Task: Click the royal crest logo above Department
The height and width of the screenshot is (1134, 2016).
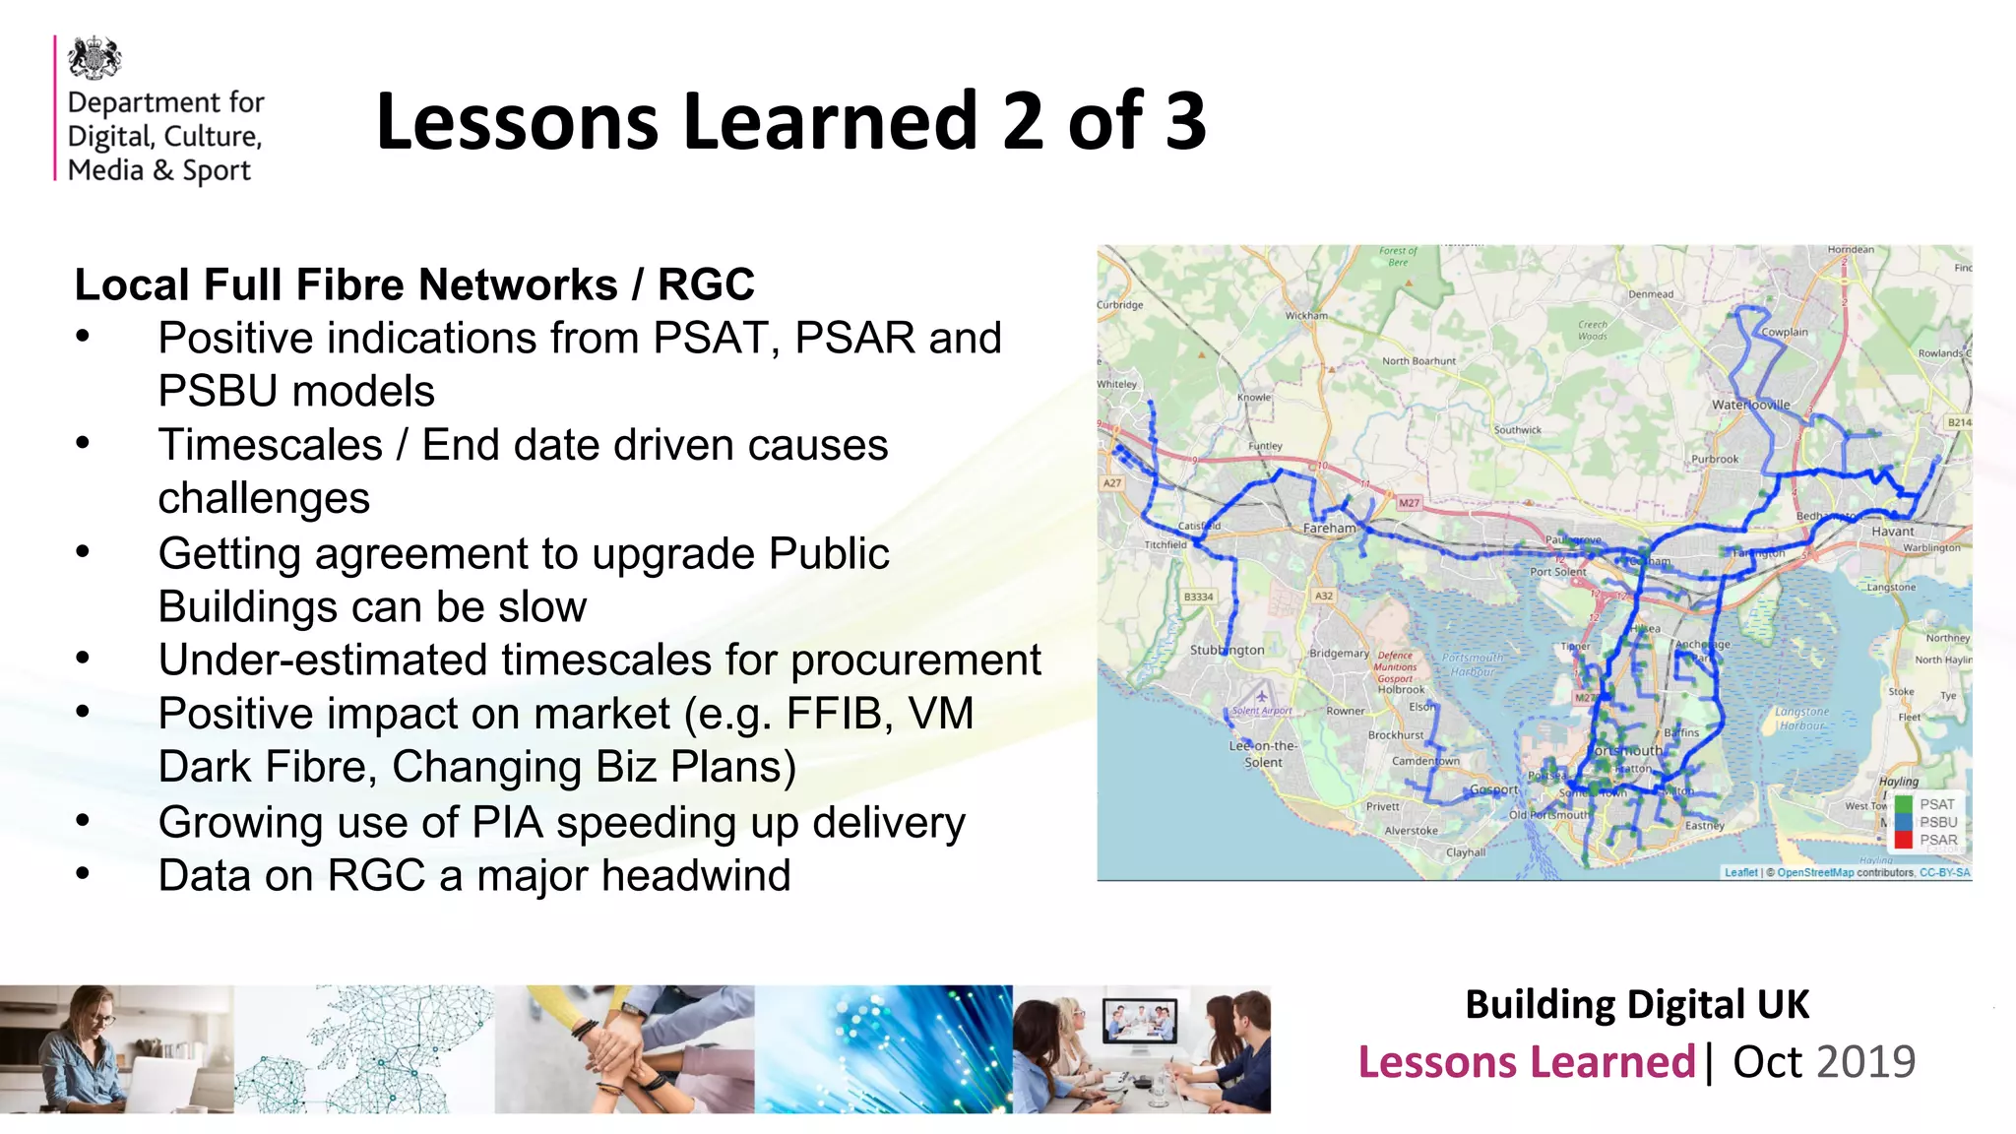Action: pos(94,59)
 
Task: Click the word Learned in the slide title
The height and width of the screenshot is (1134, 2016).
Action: pos(831,121)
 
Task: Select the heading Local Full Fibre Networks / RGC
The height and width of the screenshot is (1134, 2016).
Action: pos(414,285)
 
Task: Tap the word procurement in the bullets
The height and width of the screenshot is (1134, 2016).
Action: pos(915,661)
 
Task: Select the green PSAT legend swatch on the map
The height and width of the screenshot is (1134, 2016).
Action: pos(1903,805)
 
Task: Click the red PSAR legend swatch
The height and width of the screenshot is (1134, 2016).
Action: pos(1903,841)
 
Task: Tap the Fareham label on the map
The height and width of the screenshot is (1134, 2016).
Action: pos(1329,528)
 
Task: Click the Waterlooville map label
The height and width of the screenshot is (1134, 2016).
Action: pos(1750,405)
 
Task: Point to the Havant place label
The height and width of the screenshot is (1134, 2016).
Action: pos(1892,532)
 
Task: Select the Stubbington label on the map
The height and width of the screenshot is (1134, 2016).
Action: pos(1227,651)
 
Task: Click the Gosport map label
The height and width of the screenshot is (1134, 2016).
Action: pos(1493,789)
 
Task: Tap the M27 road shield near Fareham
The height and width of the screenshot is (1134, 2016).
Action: pos(1410,503)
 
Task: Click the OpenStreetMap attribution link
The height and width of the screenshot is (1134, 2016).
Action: pos(1814,872)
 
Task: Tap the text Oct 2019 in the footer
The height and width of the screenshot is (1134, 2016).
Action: pos(1823,1062)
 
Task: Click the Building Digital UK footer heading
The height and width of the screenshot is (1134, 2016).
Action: pos(1637,1005)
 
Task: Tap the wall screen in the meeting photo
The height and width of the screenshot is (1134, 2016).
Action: pos(1140,1021)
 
